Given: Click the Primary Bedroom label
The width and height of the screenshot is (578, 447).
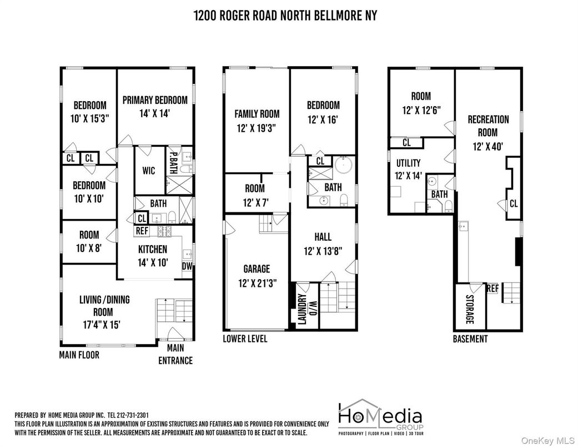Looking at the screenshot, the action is (155, 100).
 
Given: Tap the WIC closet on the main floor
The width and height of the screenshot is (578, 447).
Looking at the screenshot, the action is (149, 171).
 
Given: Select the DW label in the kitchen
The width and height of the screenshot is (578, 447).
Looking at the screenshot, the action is (187, 266).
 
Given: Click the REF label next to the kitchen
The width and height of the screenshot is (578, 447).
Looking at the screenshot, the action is (142, 231).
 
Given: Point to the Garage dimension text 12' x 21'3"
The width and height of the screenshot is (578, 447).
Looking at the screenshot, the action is (257, 283).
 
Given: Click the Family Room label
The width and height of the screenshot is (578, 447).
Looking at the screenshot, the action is (257, 113).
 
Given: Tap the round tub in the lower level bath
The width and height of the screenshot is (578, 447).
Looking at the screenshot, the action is (344, 165).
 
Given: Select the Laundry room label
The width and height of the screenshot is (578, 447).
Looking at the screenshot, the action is (302, 309).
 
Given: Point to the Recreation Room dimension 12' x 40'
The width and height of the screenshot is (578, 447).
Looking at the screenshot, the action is (487, 147).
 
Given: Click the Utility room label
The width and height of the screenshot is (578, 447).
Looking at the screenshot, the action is (408, 163).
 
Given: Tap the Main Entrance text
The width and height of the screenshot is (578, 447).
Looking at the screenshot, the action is (175, 354).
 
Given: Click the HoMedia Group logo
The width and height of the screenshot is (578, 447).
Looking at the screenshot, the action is (380, 417).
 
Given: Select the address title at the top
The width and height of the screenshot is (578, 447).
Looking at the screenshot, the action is (285, 16).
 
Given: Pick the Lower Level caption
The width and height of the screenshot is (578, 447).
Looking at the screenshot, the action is (245, 339).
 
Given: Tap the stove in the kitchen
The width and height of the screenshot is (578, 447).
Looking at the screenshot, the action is (165, 231).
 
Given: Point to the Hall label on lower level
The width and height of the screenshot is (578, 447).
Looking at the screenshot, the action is (323, 237).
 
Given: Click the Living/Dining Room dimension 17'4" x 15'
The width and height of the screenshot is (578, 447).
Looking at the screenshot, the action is (102, 325).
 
